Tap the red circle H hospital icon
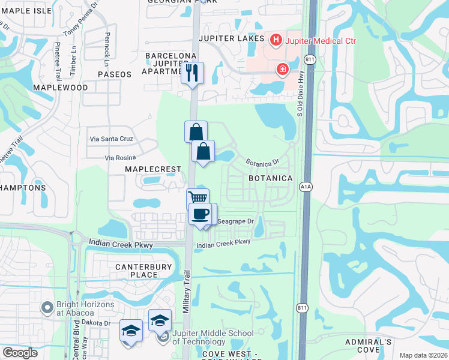(276, 40)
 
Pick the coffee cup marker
(200, 213)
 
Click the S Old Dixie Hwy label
(299, 100)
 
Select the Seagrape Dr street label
(235, 221)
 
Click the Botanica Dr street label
(262, 162)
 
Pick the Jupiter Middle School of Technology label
(212, 337)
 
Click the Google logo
(20, 353)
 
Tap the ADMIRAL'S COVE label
(369, 346)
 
